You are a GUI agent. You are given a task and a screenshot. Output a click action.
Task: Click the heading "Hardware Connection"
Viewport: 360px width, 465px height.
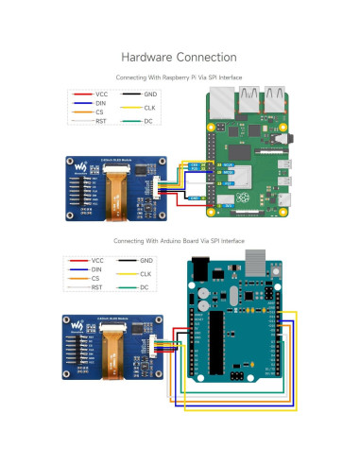point(180,58)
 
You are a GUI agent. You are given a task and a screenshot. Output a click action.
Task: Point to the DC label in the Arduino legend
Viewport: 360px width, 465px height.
point(144,287)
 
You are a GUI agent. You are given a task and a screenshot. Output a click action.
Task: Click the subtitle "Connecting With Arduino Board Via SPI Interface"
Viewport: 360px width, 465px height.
point(180,241)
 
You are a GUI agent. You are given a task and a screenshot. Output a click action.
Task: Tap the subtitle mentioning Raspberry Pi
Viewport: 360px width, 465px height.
point(180,76)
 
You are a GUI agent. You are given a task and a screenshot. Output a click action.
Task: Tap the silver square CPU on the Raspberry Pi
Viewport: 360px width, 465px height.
point(244,177)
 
